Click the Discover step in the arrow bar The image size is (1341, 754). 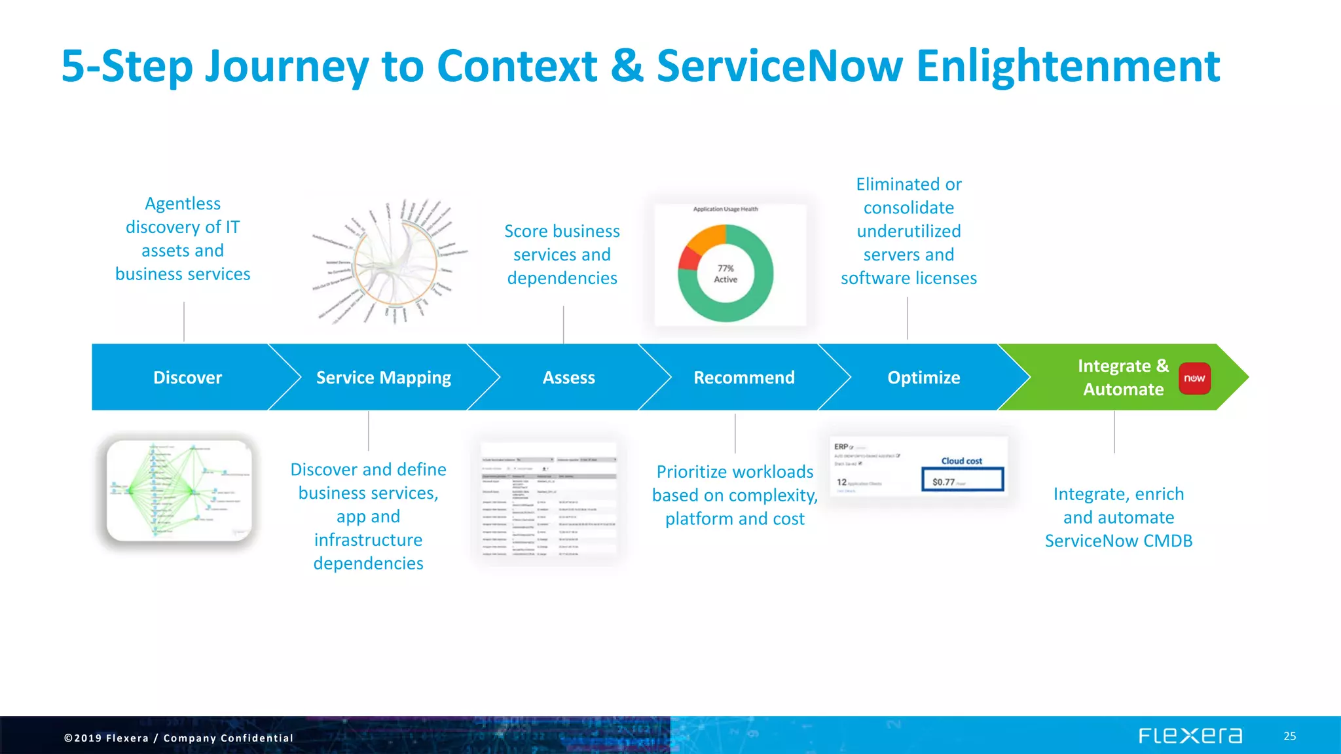[187, 378]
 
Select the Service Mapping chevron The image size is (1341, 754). [383, 378]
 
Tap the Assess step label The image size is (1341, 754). [568, 378]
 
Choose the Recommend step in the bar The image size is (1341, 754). [744, 378]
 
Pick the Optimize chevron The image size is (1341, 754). [923, 378]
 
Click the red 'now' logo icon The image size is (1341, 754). [1194, 378]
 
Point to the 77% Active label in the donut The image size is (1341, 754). [726, 274]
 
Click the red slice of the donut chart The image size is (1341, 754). [688, 259]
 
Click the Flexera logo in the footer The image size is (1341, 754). [1190, 736]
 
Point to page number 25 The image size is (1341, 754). [1289, 736]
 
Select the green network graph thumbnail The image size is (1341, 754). [179, 490]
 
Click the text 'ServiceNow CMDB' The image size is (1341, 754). [1118, 541]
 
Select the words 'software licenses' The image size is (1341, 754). [908, 279]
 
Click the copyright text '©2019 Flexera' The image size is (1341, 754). [106, 738]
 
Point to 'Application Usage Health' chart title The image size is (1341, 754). [726, 209]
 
